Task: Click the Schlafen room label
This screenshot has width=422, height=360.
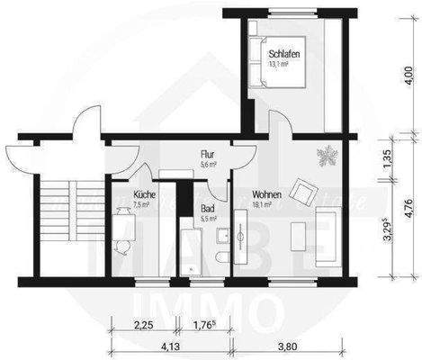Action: (283, 56)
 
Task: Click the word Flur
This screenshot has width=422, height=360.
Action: (207, 154)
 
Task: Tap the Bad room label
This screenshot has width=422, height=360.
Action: (207, 208)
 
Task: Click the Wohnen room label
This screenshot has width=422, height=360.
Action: (266, 194)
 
